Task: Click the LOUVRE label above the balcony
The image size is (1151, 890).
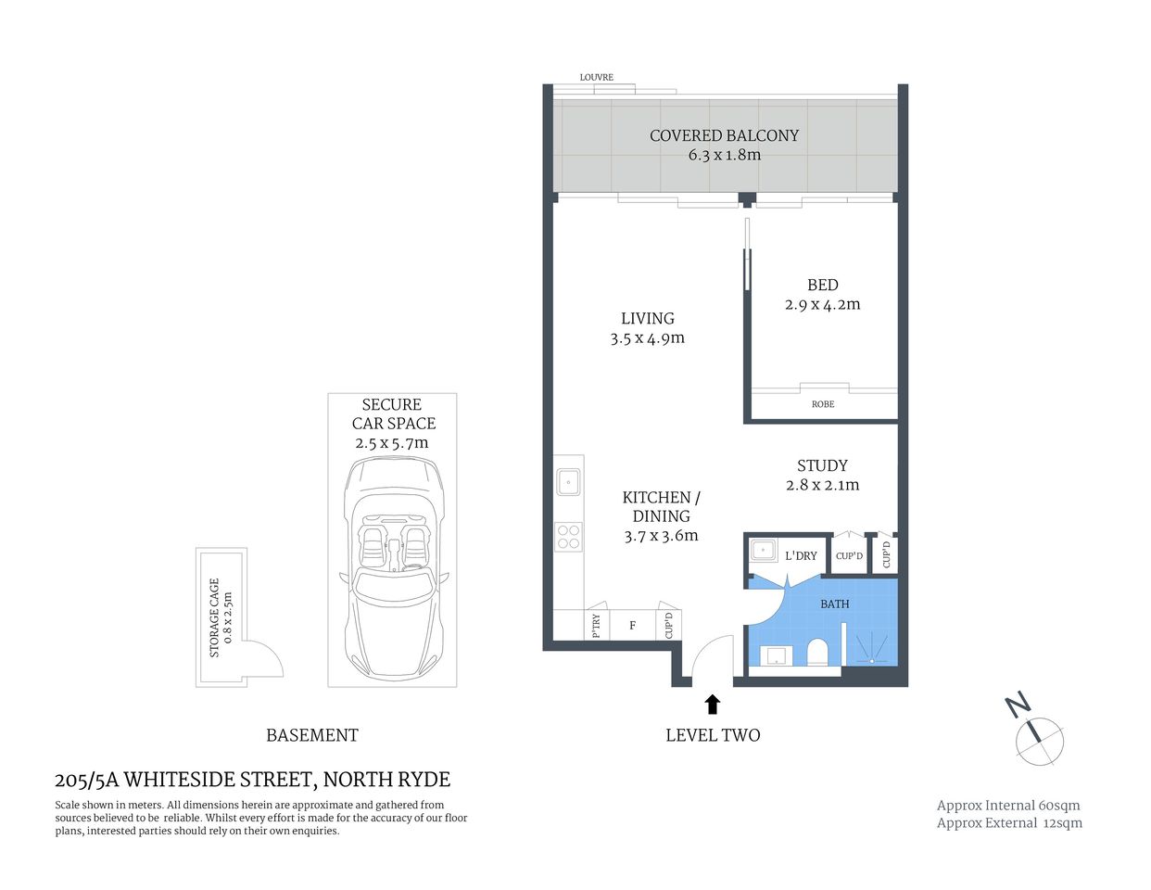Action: [596, 77]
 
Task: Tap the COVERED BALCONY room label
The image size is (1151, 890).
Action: [724, 135]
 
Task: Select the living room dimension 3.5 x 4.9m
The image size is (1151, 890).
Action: [647, 338]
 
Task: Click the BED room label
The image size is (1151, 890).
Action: [822, 286]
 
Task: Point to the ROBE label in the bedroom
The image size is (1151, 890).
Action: [823, 404]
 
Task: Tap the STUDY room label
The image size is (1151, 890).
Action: [822, 465]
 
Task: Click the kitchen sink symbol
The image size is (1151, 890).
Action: [568, 482]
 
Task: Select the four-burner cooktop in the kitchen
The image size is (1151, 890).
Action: [568, 537]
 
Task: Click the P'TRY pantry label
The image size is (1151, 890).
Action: [596, 626]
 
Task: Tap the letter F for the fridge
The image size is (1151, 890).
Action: [633, 626]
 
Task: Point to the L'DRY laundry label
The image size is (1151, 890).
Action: [801, 555]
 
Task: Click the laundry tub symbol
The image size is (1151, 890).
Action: [763, 551]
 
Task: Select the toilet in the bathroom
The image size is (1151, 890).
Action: [817, 653]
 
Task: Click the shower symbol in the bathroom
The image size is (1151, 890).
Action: [871, 648]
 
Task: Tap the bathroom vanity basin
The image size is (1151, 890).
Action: [774, 655]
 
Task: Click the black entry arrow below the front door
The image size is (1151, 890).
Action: [712, 705]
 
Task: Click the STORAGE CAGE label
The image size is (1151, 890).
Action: [215, 618]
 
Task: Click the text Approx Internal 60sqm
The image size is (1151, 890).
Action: [1008, 806]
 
